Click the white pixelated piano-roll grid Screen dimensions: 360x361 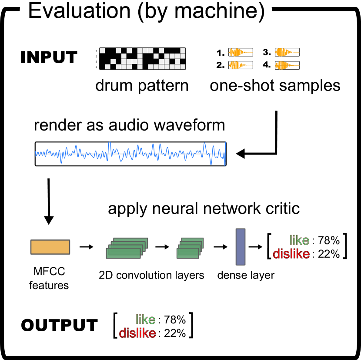pyautogui.click(x=143, y=59)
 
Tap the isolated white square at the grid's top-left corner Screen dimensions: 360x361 pyautogui.click(x=102, y=50)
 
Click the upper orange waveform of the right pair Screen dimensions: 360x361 pyautogui.click(x=287, y=53)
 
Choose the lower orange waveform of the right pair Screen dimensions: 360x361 pyautogui.click(x=287, y=65)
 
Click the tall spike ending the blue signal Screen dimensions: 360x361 pyautogui.click(x=225, y=153)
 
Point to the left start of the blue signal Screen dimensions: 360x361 pyautogui.click(x=36, y=154)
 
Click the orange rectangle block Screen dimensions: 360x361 pyautogui.click(x=50, y=247)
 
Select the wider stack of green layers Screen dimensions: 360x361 pyautogui.click(x=127, y=248)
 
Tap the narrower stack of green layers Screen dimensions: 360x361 pyautogui.click(x=190, y=248)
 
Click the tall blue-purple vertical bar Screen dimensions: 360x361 pyautogui.click(x=241, y=247)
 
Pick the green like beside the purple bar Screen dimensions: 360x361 pyautogui.click(x=299, y=240)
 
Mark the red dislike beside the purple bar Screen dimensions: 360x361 pyautogui.click(x=291, y=254)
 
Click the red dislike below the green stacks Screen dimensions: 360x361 pyautogui.click(x=137, y=333)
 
